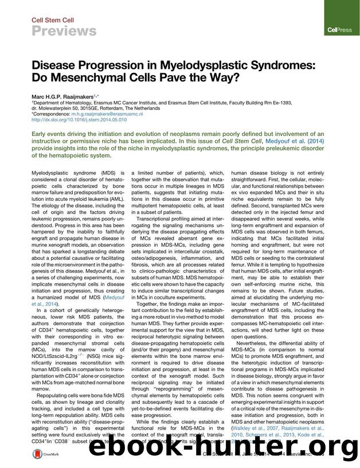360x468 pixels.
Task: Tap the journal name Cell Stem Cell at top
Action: (x=49, y=18)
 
